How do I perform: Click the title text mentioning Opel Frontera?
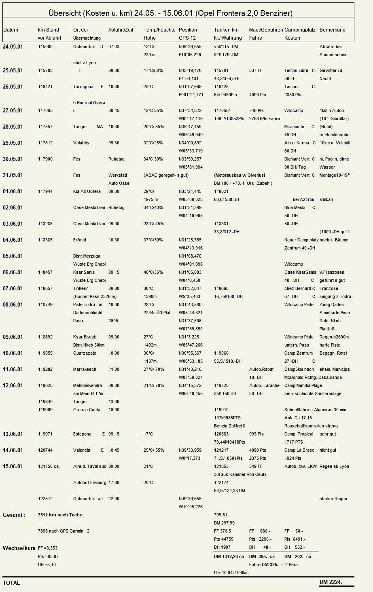coord(170,13)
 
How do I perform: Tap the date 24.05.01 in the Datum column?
coord(13,47)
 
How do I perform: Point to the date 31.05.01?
coord(13,175)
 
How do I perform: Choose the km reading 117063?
coord(45,110)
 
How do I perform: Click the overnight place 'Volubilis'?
coord(81,143)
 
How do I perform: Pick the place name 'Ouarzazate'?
coord(85,353)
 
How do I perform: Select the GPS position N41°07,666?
coord(190,87)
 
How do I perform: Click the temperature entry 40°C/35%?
coord(153,272)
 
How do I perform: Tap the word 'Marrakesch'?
coord(85,369)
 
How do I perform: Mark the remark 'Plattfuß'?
coord(327,329)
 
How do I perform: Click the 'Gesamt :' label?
coord(14,515)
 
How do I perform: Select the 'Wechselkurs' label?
coord(19,548)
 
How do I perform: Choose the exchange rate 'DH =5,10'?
coord(47,565)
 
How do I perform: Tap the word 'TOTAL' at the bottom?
coord(11,583)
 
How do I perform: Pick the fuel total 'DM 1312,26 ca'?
coord(229,556)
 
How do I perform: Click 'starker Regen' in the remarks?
coord(333,499)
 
